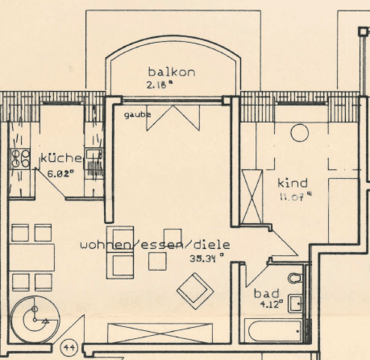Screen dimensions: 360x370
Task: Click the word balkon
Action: [166, 72]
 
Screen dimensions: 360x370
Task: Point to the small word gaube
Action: [137, 115]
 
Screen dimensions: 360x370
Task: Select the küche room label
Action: [60, 158]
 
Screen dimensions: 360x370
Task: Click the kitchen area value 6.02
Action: [61, 172]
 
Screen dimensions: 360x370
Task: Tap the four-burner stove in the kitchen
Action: [17, 159]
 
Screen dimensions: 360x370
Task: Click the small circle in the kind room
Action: [300, 133]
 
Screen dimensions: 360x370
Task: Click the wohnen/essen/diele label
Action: [155, 244]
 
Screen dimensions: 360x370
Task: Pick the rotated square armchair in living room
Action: [195, 289]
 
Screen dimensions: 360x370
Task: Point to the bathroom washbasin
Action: [297, 304]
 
